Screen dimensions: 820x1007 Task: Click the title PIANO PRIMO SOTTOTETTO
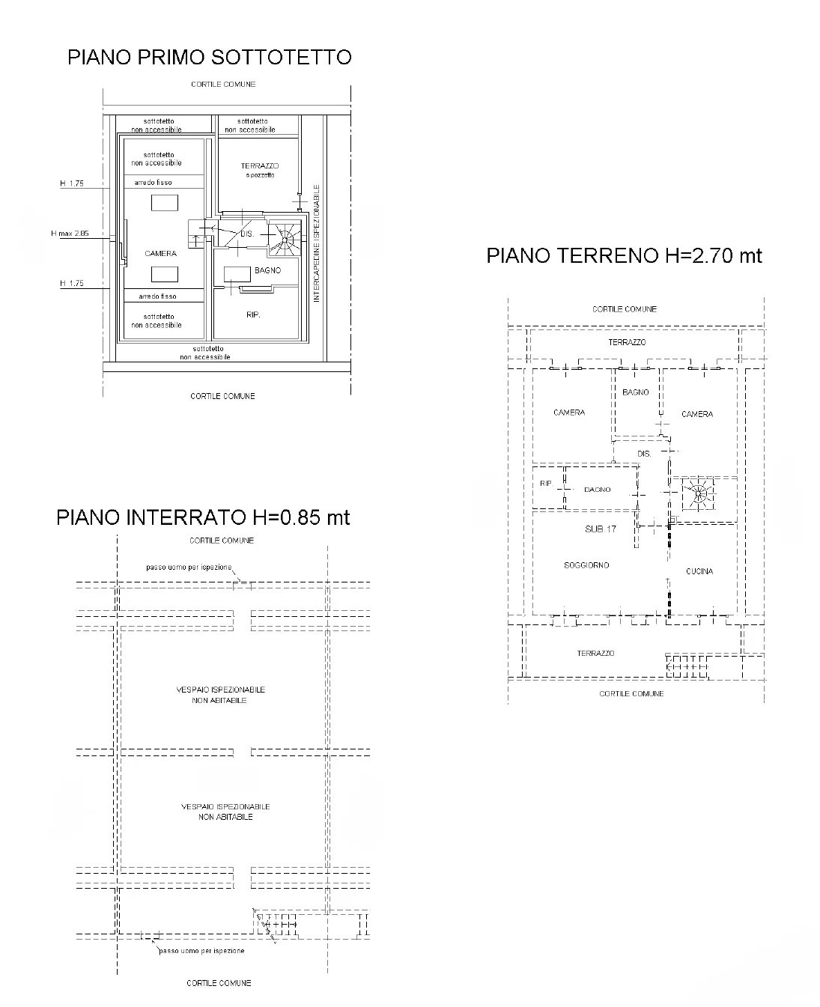210,57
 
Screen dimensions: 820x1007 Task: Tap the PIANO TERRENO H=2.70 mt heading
625,256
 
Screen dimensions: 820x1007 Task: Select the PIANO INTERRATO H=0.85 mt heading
203,517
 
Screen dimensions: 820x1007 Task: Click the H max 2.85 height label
70,233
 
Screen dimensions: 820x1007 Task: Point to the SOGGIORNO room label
586,565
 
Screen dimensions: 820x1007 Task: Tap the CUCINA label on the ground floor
699,571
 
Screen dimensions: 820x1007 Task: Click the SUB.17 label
601,529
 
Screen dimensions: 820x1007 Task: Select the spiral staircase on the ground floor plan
699,494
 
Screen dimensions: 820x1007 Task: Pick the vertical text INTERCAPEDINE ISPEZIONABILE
316,243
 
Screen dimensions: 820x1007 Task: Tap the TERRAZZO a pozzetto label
260,170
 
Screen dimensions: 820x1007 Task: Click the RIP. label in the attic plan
253,314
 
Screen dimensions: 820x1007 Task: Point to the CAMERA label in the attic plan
161,253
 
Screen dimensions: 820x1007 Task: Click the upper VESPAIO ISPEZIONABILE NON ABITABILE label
220,695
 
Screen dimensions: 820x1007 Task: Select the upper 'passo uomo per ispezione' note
189,567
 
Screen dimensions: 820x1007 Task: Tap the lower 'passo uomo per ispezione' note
201,950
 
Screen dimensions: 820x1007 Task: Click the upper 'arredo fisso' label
154,183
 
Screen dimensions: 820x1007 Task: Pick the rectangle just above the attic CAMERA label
165,203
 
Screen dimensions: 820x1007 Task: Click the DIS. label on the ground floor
644,454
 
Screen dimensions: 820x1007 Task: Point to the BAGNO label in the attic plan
267,270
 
